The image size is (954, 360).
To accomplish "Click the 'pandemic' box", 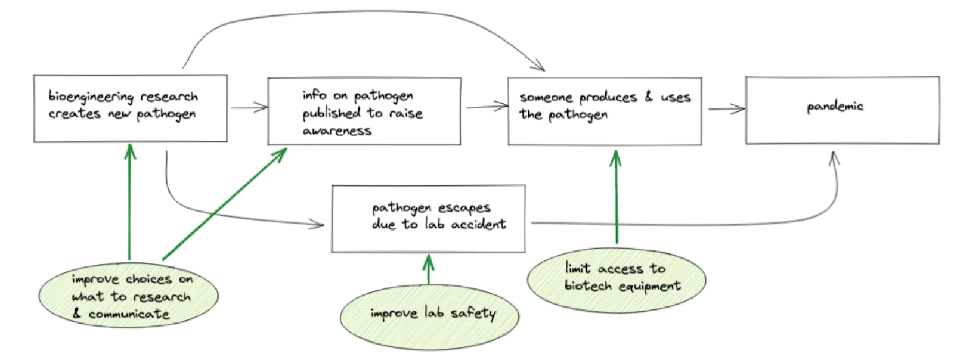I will (x=842, y=110).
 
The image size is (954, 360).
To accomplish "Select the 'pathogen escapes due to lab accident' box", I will (x=428, y=219).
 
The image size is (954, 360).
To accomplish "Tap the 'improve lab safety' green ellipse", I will (x=429, y=316).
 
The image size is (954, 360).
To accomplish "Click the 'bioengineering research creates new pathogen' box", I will (x=130, y=108).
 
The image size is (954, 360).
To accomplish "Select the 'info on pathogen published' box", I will (x=364, y=111).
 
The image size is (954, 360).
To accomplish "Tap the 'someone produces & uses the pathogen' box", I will (x=604, y=111).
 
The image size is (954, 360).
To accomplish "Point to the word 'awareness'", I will (x=337, y=131).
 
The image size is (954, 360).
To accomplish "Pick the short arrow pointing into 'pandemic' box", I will (x=726, y=109).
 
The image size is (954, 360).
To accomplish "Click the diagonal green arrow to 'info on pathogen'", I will (x=224, y=204).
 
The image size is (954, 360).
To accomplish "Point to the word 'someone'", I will (x=546, y=97).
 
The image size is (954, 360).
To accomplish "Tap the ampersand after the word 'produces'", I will (x=649, y=96).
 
